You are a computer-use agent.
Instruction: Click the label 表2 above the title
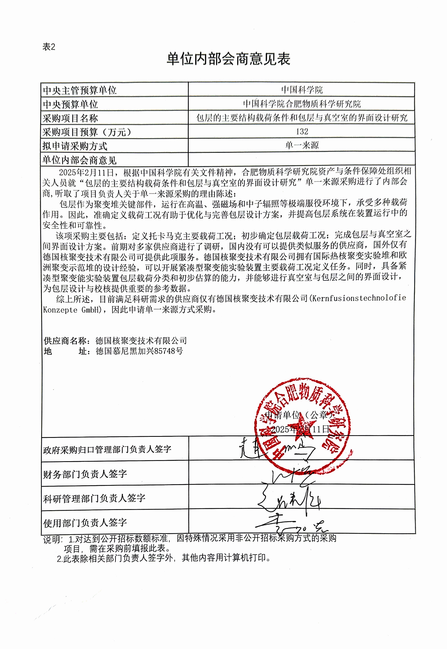pos(49,47)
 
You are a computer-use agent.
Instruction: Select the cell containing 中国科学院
pos(302,90)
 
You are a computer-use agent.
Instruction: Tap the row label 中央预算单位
pos(70,104)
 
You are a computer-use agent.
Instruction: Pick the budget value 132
pos(302,131)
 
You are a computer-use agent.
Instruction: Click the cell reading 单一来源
pos(302,145)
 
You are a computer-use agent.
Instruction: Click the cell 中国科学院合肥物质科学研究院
pos(302,104)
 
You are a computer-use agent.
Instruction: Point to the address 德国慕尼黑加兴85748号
pos(139,351)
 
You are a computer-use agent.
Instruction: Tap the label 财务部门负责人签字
pos(85,474)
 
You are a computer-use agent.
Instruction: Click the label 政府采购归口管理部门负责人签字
pos(107,449)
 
